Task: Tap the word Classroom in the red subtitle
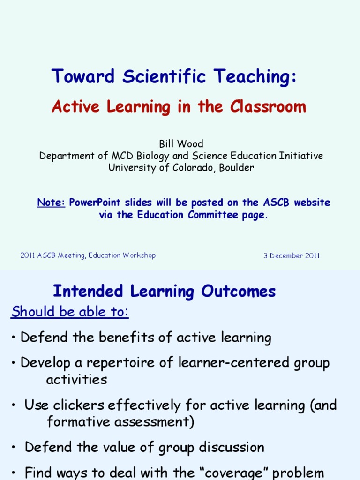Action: coord(268,107)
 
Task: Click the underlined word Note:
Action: coord(51,202)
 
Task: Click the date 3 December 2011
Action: coord(292,255)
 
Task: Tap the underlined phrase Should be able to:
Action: coord(70,312)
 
